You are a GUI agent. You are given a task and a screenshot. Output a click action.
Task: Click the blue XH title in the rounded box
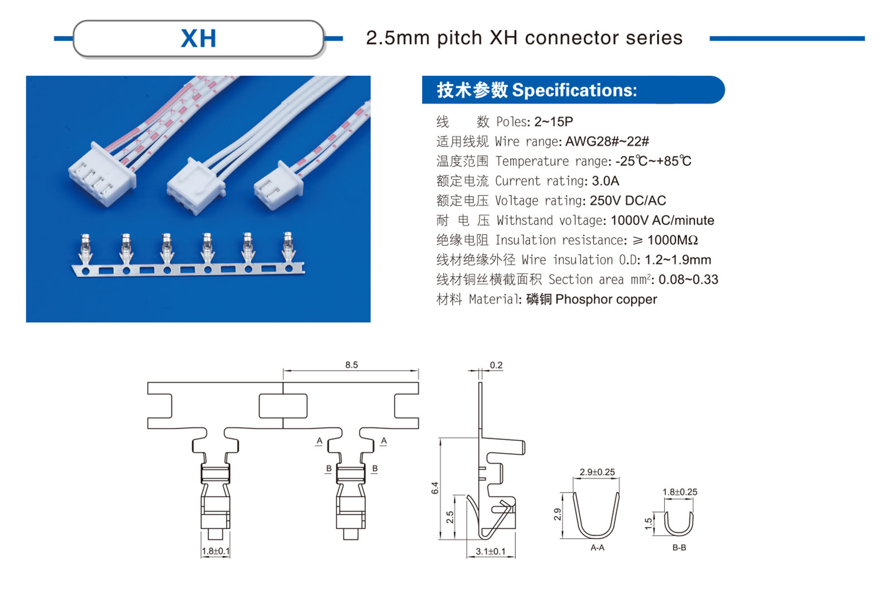pyautogui.click(x=198, y=38)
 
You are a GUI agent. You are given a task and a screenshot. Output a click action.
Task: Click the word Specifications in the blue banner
pyautogui.click(x=574, y=90)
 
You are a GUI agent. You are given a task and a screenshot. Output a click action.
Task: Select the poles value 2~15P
pyautogui.click(x=554, y=122)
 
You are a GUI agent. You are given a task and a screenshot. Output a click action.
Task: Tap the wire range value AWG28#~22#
pyautogui.click(x=607, y=141)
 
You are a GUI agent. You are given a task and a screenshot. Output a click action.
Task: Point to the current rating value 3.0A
pyautogui.click(x=605, y=181)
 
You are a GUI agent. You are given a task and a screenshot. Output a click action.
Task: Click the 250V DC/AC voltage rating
pyautogui.click(x=628, y=200)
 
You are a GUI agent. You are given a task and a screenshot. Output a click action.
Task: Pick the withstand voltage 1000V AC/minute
pyautogui.click(x=662, y=220)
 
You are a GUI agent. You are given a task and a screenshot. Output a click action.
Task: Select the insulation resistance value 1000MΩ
pyautogui.click(x=672, y=240)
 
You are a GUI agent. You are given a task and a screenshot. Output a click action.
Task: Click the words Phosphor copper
pyautogui.click(x=606, y=300)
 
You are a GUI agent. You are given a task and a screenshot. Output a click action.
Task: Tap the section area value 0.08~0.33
pyautogui.click(x=688, y=279)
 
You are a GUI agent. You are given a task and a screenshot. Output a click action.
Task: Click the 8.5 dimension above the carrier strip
pyautogui.click(x=351, y=365)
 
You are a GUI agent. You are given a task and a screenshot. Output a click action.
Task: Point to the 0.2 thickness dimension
pyautogui.click(x=496, y=365)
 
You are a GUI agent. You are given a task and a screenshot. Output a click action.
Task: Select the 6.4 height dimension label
pyautogui.click(x=435, y=488)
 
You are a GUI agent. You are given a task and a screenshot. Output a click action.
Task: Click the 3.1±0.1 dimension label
pyautogui.click(x=491, y=552)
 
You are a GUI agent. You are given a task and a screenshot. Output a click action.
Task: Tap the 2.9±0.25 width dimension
pyautogui.click(x=597, y=472)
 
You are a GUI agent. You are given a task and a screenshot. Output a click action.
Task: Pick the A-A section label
pyautogui.click(x=598, y=548)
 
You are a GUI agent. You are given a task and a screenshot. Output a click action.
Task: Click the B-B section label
pyautogui.click(x=679, y=548)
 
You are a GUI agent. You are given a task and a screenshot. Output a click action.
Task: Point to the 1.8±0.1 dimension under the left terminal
pyautogui.click(x=216, y=551)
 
